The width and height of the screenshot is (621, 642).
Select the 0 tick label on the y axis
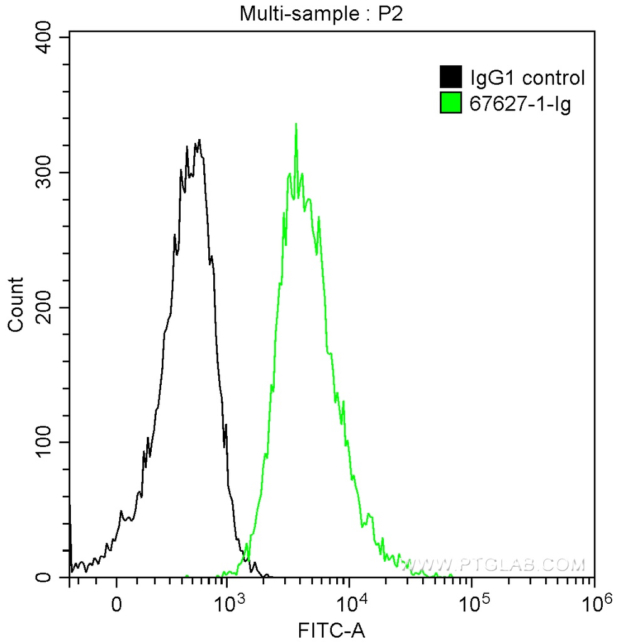pyautogui.click(x=53, y=577)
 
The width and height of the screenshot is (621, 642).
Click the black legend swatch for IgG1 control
pyautogui.click(x=451, y=78)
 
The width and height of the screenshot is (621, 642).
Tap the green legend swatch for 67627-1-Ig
pyautogui.click(x=451, y=103)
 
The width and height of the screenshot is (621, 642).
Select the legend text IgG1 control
pyautogui.click(x=527, y=78)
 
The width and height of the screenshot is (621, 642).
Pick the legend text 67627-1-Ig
pyautogui.click(x=520, y=103)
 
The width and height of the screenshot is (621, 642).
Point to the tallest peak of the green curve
pyautogui.click(x=295, y=124)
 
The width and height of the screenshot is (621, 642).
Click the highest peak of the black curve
pyautogui.click(x=199, y=140)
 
